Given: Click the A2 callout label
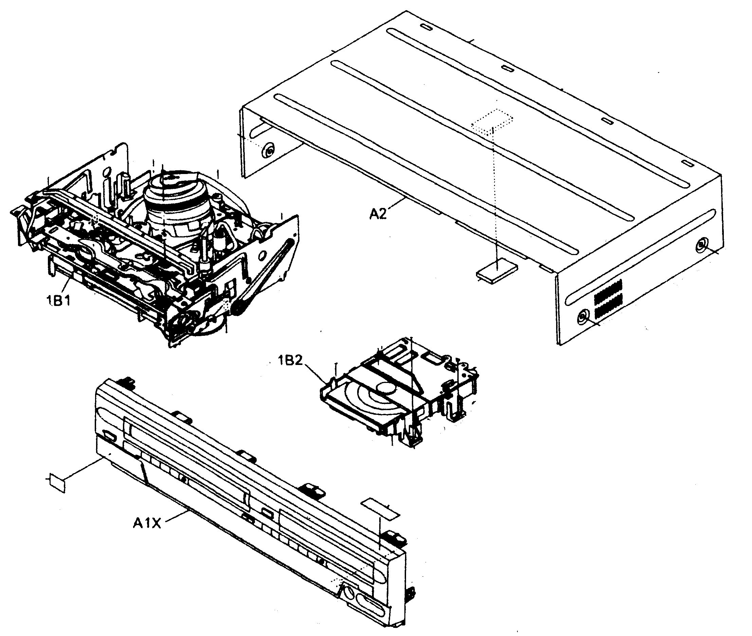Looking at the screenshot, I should (378, 214).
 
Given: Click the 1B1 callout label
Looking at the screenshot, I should (58, 300).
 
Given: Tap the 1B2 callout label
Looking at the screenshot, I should (290, 360).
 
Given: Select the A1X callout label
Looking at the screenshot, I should (147, 523).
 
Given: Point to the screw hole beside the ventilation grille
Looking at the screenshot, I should (582, 317).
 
